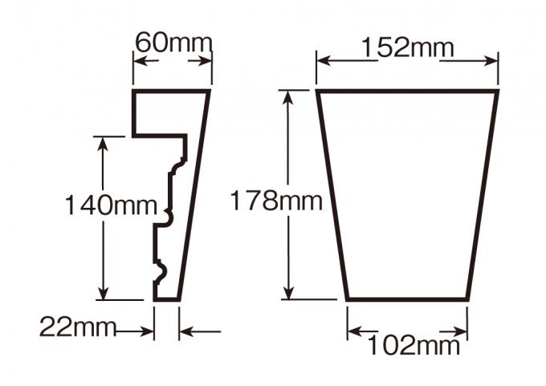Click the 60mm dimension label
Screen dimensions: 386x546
coord(173,42)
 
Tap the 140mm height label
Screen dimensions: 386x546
coord(111,205)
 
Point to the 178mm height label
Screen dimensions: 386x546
coord(276,199)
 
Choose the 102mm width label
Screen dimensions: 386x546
coord(414,346)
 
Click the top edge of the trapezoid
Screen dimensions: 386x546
coord(407,91)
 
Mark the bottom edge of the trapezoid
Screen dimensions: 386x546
coord(407,300)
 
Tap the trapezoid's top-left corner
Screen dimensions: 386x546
coord(317,91)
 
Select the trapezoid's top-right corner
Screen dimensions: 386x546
coord(498,91)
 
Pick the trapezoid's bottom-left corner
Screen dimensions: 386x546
coord(348,300)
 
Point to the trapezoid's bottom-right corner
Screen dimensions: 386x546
coord(467,300)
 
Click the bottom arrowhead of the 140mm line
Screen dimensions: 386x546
coord(103,295)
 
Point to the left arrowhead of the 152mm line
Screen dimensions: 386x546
coord(320,59)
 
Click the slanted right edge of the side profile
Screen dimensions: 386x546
coord(194,197)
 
